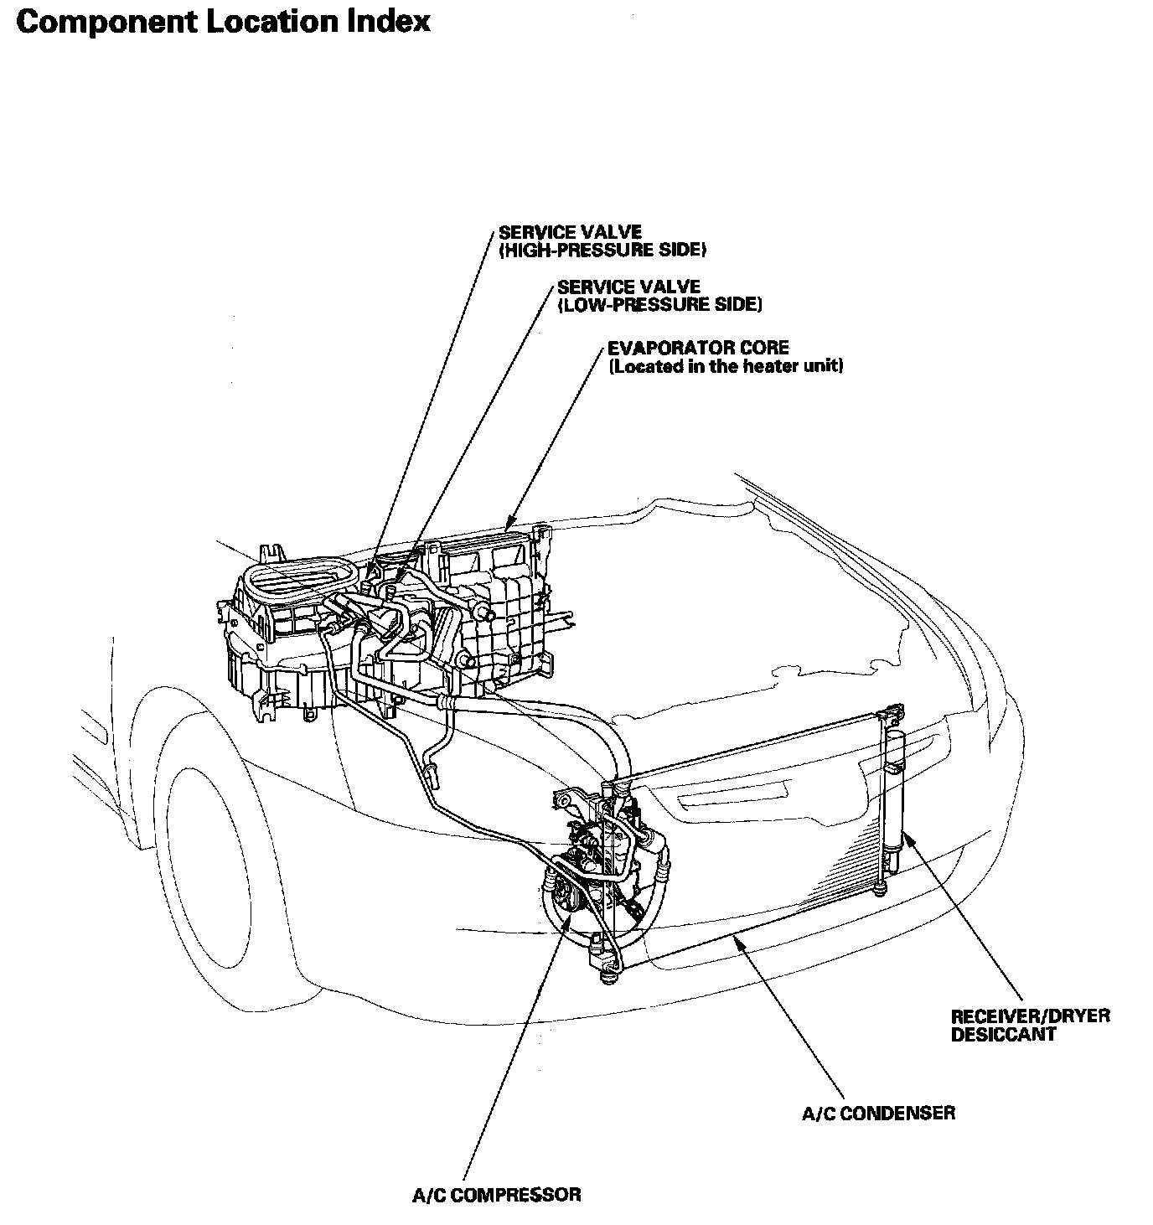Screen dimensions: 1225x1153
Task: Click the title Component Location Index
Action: tap(222, 22)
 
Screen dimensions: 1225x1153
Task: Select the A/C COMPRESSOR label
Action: tap(496, 1193)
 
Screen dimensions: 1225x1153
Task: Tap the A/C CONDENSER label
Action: tap(878, 1114)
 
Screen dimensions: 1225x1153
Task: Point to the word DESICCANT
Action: tap(1003, 1035)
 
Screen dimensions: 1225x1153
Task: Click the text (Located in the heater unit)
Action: tap(725, 366)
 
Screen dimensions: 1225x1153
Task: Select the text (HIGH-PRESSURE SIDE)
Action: tap(602, 250)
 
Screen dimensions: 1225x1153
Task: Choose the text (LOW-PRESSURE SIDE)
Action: tap(659, 304)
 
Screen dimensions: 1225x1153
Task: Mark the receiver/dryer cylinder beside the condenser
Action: tap(895, 788)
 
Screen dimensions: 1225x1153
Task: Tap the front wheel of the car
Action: tap(209, 855)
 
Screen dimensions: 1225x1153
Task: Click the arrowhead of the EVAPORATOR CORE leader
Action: tap(507, 528)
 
